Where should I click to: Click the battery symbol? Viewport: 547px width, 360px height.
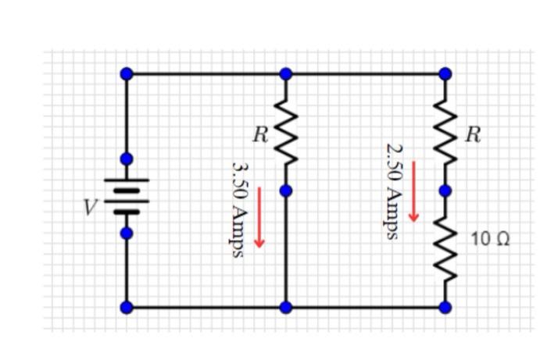tap(126, 195)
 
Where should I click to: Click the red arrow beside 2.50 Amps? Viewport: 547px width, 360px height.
tap(414, 191)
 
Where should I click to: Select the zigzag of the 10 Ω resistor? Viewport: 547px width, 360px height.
tap(445, 248)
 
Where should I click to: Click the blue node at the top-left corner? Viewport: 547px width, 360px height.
tap(126, 74)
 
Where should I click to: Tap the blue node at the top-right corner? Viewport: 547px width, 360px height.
tap(445, 74)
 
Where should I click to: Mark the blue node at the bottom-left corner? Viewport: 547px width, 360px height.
tap(126, 308)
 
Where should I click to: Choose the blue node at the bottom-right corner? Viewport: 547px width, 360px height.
tap(445, 308)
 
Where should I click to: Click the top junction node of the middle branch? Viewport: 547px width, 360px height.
tap(286, 74)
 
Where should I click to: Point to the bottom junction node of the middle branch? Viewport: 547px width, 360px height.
tap(286, 308)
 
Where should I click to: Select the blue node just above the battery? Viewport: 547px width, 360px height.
tap(126, 159)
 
